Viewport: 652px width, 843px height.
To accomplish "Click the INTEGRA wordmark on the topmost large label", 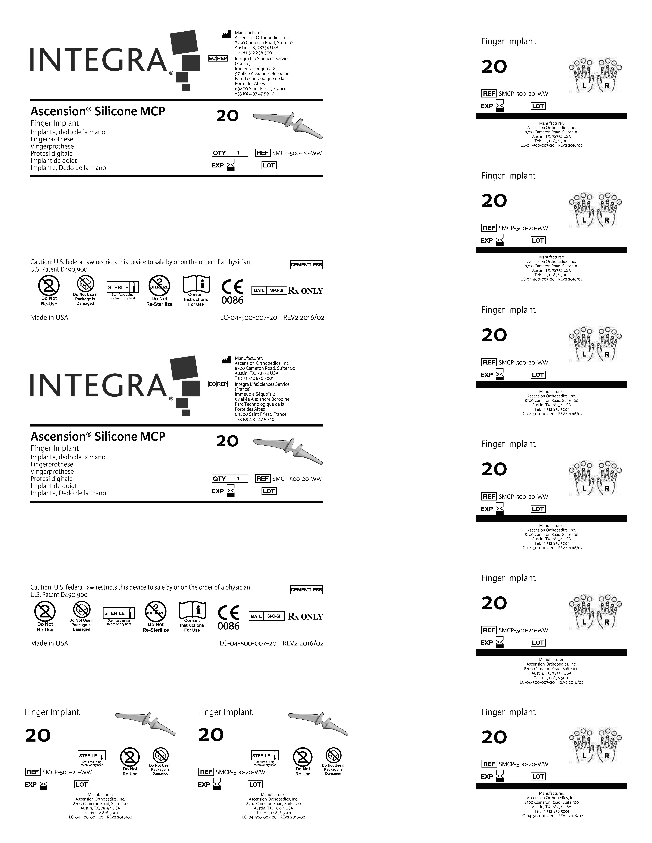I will (x=98, y=60).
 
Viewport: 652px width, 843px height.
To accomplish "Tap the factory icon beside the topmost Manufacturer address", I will (x=226, y=35).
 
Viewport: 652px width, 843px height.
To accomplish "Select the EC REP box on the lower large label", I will (x=218, y=384).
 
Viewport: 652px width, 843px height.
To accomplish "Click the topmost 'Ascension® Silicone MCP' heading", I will (x=98, y=111).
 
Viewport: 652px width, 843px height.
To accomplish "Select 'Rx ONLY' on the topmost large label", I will (x=305, y=291).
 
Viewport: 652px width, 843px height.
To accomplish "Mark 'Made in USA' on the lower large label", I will (x=49, y=643).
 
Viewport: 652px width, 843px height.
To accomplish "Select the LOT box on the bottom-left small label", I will (x=82, y=784).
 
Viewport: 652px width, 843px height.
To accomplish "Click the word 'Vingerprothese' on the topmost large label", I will (x=52, y=146).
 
